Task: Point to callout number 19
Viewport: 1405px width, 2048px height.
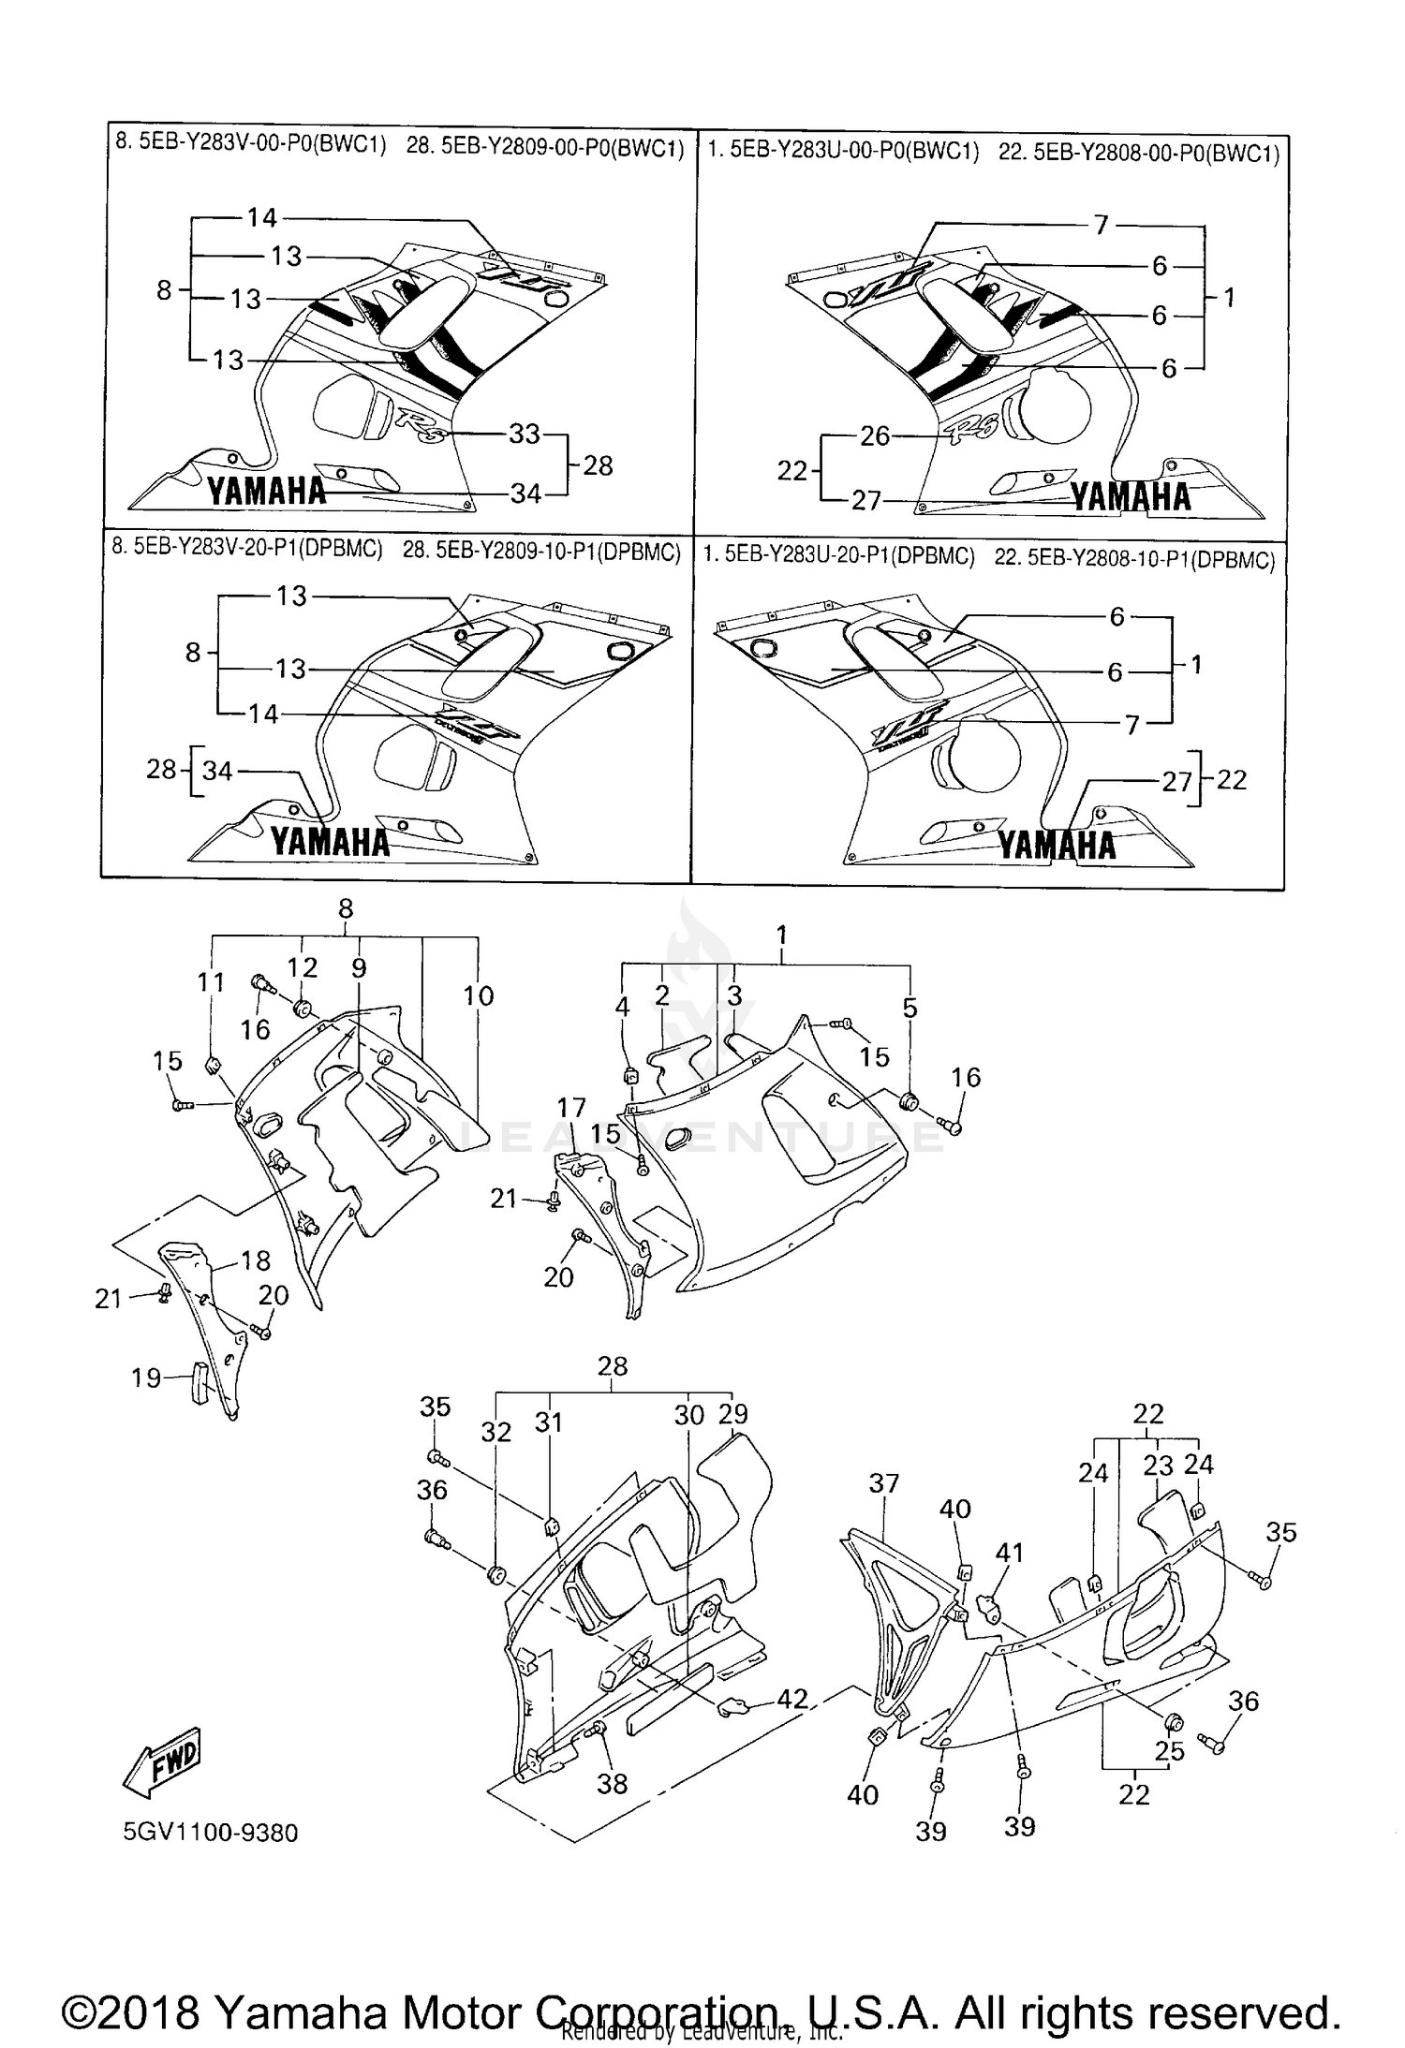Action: [x=146, y=1378]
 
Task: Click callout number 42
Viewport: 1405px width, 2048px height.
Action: [x=792, y=1699]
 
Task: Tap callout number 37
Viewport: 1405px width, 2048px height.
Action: [x=883, y=1483]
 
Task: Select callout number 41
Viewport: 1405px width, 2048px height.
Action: [x=1009, y=1553]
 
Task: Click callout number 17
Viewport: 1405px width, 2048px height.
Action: [x=570, y=1108]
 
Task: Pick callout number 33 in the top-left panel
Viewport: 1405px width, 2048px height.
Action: [x=525, y=434]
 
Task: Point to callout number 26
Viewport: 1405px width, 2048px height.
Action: [x=875, y=436]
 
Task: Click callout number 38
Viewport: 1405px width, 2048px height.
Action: [x=612, y=1784]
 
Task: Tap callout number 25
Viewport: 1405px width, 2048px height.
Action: [x=1169, y=1750]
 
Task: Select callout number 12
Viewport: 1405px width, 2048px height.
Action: [x=303, y=967]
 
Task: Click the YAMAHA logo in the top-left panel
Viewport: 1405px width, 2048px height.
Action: [x=266, y=491]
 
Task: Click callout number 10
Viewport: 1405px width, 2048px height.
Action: [x=478, y=995]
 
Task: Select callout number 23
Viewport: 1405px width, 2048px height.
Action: [x=1158, y=1466]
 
